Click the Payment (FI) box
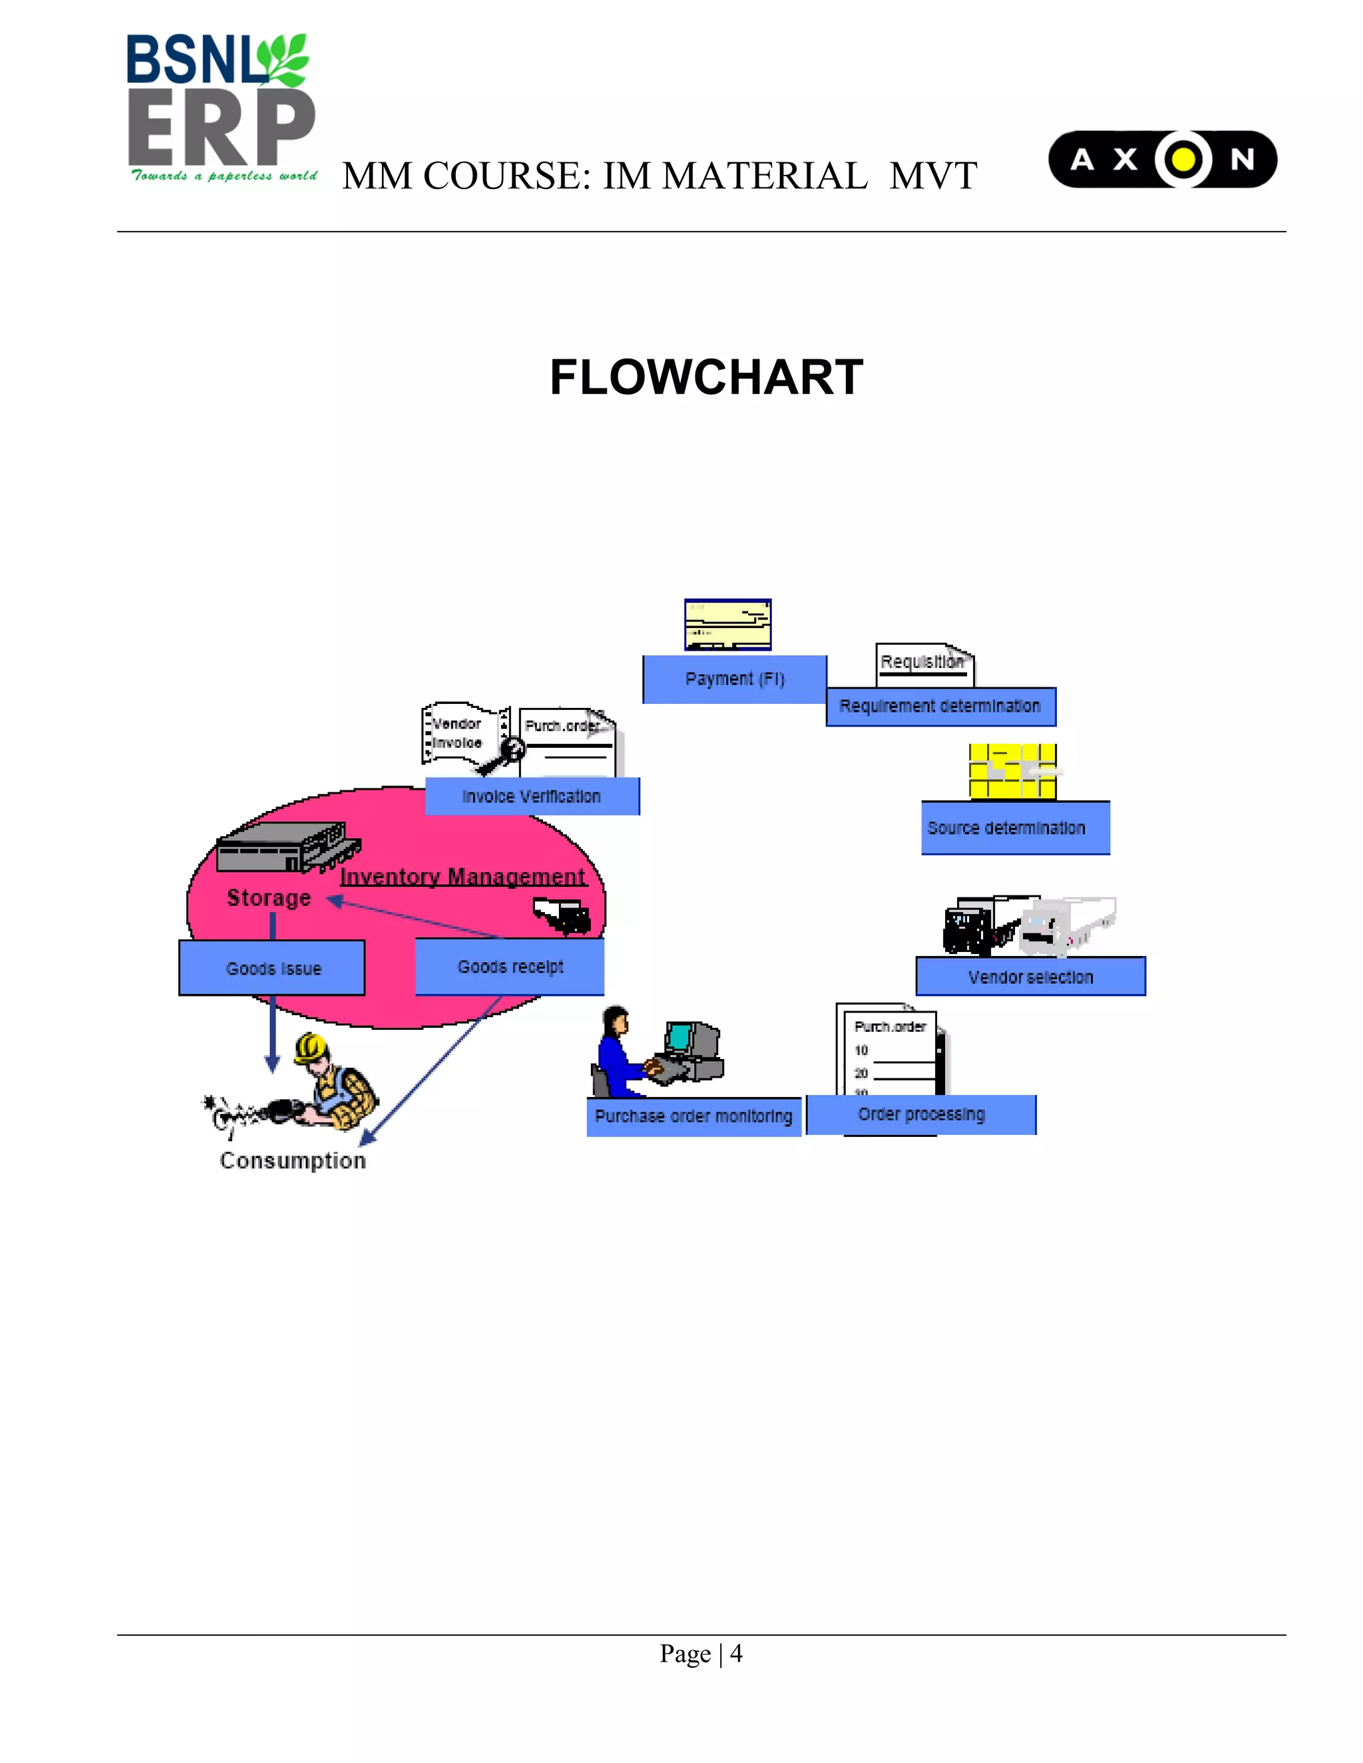[x=734, y=679]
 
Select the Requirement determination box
[x=940, y=707]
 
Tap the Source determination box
[x=1015, y=828]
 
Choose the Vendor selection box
[x=1030, y=977]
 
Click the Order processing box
[x=920, y=1114]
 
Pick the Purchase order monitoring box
[x=693, y=1116]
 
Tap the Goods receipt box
[x=510, y=966]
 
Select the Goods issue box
[x=272, y=968]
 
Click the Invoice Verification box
[x=531, y=796]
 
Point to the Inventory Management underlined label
[x=462, y=877]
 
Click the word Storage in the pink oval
[x=268, y=897]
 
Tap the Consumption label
[x=292, y=1160]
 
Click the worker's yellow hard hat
[x=310, y=1048]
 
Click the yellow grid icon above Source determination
[x=1012, y=771]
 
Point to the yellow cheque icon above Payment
[x=727, y=624]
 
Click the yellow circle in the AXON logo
[x=1183, y=159]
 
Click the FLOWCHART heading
[x=707, y=377]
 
